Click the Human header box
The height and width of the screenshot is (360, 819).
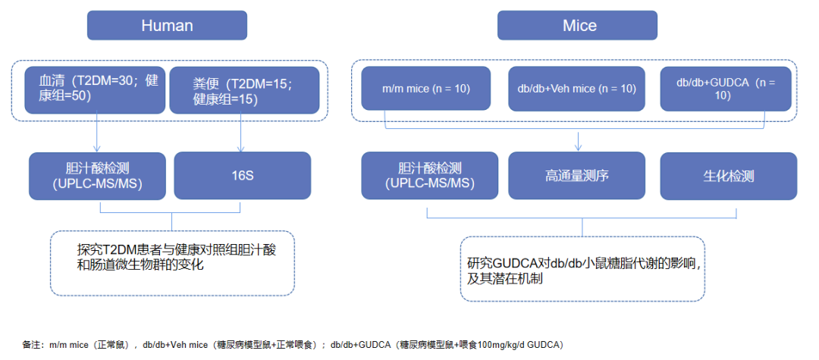pos(167,25)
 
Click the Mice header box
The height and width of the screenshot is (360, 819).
pos(580,25)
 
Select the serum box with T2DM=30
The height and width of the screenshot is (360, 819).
pos(93,90)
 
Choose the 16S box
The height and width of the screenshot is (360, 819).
pos(243,176)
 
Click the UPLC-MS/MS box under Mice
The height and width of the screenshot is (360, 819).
pos(429,176)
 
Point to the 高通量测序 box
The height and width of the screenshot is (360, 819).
pos(576,176)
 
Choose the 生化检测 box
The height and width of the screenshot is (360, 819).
pos(728,176)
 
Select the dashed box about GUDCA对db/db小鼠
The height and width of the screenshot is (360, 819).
pos(582,269)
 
